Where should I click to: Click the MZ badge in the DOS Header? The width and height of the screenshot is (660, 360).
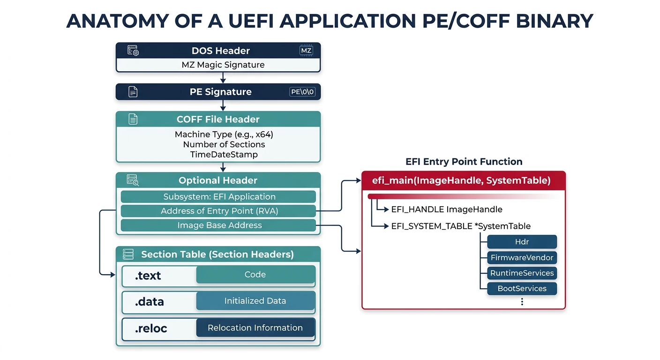coord(306,51)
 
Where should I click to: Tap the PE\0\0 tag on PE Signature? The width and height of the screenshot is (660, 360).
coord(302,92)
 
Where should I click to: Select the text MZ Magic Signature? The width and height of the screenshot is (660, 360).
coord(223,65)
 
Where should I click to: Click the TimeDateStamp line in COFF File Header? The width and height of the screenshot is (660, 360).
coord(224,154)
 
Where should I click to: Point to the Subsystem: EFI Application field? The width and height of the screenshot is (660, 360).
coord(218,197)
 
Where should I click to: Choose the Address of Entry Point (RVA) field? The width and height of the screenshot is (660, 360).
coord(218,211)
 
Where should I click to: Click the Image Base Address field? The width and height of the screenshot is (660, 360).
coord(218,225)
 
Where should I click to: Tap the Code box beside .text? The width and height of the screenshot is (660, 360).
coord(255,275)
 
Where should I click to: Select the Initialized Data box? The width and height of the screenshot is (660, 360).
coord(255,301)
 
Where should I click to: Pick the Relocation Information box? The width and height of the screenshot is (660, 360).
coord(255,328)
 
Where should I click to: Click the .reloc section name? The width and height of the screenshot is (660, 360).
coord(151,329)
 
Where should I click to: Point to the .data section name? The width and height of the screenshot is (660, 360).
coord(150,302)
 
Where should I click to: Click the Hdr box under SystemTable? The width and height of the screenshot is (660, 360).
coord(522,242)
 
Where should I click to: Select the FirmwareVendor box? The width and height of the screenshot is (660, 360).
coord(522,257)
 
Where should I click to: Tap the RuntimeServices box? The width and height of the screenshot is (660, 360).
coord(522,273)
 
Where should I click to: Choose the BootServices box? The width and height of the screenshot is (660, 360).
coord(522,288)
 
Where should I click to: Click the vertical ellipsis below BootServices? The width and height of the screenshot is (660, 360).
coord(522,302)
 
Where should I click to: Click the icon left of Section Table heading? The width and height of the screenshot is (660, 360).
coord(128,255)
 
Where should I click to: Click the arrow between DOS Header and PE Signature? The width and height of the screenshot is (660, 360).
coord(223,78)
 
